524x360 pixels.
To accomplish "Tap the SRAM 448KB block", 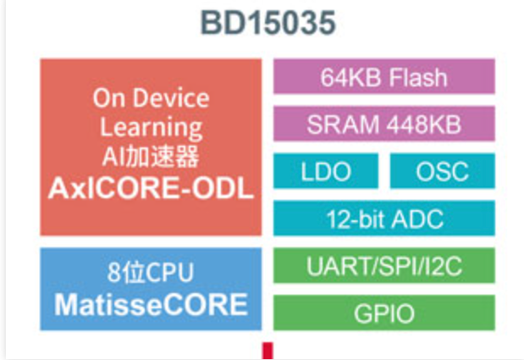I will (x=383, y=125).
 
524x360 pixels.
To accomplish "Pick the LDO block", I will (x=326, y=172).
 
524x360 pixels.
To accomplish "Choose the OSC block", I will (x=442, y=172).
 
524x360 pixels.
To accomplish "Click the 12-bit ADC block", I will (x=383, y=219).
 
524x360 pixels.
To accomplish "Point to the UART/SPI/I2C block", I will (x=383, y=269).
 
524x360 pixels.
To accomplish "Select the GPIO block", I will (x=383, y=314).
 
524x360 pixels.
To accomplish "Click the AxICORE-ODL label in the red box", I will (x=151, y=189).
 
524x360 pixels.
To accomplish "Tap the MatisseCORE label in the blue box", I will (x=151, y=304).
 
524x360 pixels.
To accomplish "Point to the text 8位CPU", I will (x=151, y=273).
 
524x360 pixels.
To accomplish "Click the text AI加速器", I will (x=151, y=158).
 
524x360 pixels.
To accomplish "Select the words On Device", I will (x=151, y=97).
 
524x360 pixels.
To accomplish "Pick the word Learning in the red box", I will (x=151, y=128).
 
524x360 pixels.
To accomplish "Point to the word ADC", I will (x=422, y=219).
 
